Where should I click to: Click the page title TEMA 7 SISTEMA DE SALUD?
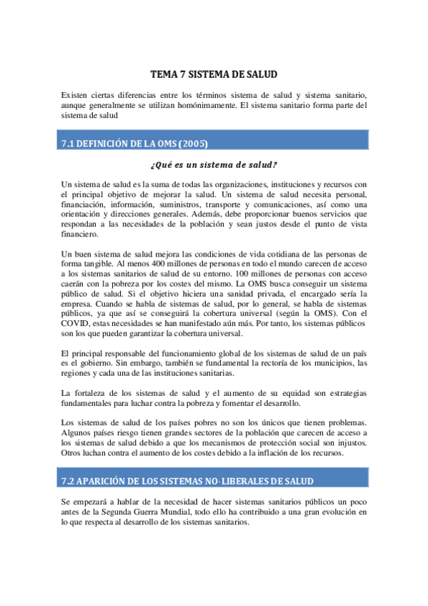214,74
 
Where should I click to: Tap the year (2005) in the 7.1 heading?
194,144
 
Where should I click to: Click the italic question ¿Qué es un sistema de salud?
214,164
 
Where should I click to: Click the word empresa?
79,304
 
